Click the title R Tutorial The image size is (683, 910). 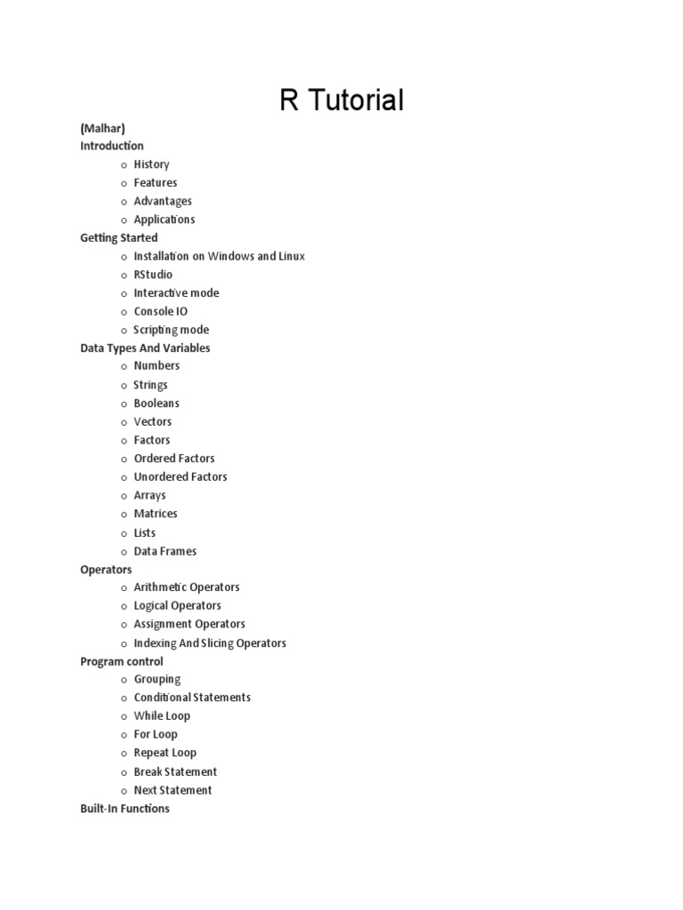pyautogui.click(x=341, y=100)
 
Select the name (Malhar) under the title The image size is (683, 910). pyautogui.click(x=102, y=128)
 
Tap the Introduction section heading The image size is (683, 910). pyautogui.click(x=112, y=146)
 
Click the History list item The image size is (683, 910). pyautogui.click(x=151, y=164)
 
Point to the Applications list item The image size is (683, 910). pyautogui.click(x=165, y=220)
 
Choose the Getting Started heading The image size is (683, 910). pyautogui.click(x=119, y=238)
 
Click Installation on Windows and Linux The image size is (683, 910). pyautogui.click(x=219, y=256)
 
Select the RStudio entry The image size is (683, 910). pyautogui.click(x=153, y=275)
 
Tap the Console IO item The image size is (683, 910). pyautogui.click(x=160, y=312)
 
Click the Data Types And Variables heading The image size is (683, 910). pyautogui.click(x=145, y=348)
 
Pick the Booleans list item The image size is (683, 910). pyautogui.click(x=157, y=403)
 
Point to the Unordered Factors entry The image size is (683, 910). pyautogui.click(x=181, y=477)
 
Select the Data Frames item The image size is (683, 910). pyautogui.click(x=165, y=551)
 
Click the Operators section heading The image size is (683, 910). pyautogui.click(x=106, y=570)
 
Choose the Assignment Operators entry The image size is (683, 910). pyautogui.click(x=189, y=624)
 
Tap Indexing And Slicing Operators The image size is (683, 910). pyautogui.click(x=210, y=643)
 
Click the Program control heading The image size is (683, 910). pyautogui.click(x=122, y=662)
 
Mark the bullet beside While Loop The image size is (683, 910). pyautogui.click(x=125, y=716)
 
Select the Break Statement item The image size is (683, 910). pyautogui.click(x=175, y=771)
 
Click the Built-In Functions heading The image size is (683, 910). pyautogui.click(x=125, y=809)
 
